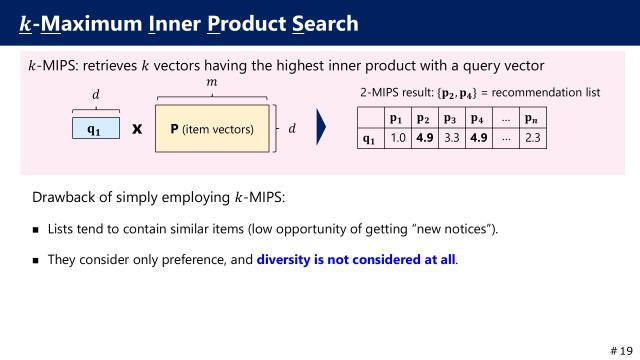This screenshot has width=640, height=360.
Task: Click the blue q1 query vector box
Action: coord(96,128)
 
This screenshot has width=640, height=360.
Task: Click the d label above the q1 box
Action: coord(96,95)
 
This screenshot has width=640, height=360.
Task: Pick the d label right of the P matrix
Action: coord(292,128)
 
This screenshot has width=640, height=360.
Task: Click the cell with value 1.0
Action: coord(399,137)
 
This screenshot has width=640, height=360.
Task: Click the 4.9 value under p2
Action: coord(425,137)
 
